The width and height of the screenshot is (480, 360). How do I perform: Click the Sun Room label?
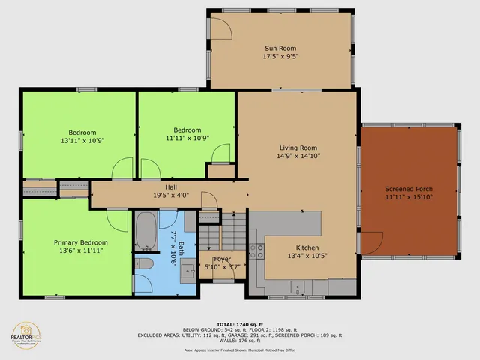point(278,47)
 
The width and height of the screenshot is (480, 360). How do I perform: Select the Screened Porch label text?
point(409,188)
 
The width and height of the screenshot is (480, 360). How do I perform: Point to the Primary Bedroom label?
point(80,242)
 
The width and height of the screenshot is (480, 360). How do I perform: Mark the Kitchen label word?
point(307,247)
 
